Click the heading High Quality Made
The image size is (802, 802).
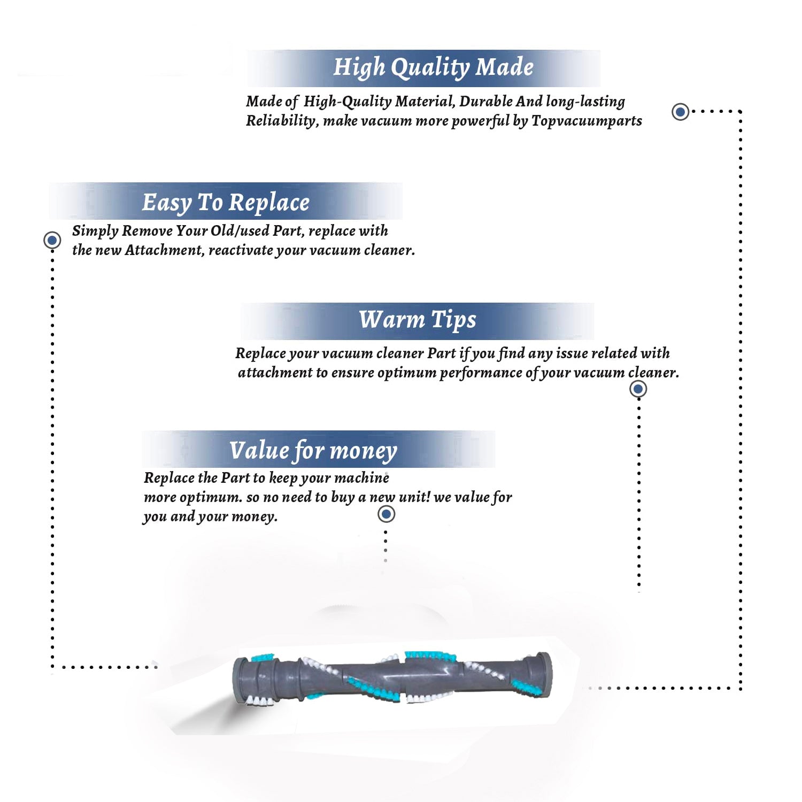pyautogui.click(x=433, y=68)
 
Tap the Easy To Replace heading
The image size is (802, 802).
pyautogui.click(x=226, y=203)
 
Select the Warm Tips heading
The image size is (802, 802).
pyautogui.click(x=417, y=320)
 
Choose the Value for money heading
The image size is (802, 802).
pyautogui.click(x=313, y=450)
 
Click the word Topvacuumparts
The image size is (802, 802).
pyautogui.click(x=587, y=121)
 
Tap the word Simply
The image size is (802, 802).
pyautogui.click(x=95, y=231)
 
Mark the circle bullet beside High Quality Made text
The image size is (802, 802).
pyautogui.click(x=680, y=112)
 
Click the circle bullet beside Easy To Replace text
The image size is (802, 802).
pyautogui.click(x=52, y=240)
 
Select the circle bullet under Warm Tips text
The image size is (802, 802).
pyautogui.click(x=638, y=389)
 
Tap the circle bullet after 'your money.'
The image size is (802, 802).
pyautogui.click(x=386, y=514)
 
